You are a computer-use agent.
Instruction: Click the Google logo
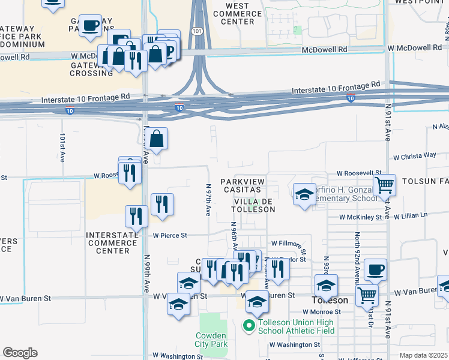pos(20,352)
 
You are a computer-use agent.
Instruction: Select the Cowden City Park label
pos(211,340)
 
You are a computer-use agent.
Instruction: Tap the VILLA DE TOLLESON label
pos(255,205)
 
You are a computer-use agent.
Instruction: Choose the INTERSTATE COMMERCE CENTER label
pos(112,243)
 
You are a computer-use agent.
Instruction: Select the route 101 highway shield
pos(197,30)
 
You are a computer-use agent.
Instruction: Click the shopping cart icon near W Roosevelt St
pos(384,184)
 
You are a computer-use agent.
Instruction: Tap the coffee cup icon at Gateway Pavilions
pos(90,26)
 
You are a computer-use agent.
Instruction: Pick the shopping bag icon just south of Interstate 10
pos(156,139)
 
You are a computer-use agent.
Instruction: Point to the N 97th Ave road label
pos(208,200)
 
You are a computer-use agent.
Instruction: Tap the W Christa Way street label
pos(415,155)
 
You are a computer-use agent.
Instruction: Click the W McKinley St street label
pos(360,217)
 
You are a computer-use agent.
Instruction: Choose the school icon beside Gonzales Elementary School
pos(304,193)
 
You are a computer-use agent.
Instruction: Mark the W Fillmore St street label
pos(288,244)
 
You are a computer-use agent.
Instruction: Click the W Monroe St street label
pos(321,312)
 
